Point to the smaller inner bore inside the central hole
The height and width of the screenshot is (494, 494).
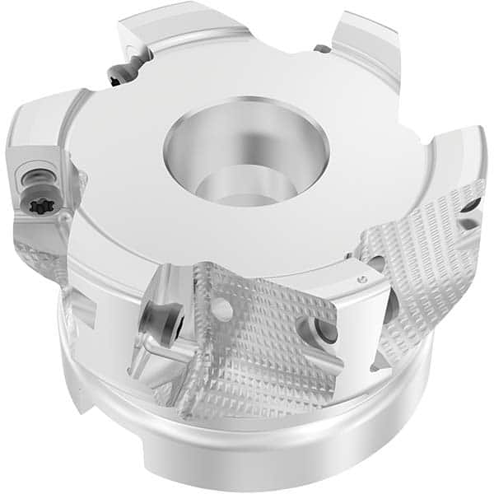pyautogui.click(x=234, y=188)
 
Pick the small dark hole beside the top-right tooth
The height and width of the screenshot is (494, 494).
pyautogui.click(x=323, y=49)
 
